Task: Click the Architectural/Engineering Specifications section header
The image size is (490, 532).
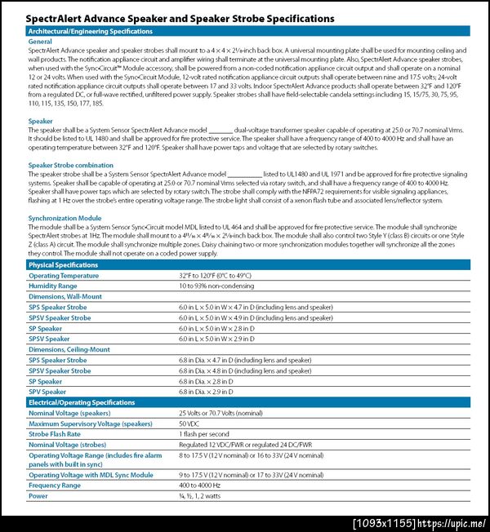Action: coord(90,31)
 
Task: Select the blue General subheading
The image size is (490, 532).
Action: coord(40,41)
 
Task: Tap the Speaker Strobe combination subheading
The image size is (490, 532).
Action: coord(71,165)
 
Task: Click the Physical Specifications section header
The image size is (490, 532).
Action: coord(64,265)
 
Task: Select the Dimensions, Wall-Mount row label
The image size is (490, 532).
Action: coord(65,297)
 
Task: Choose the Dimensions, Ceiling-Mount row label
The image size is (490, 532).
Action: coord(69,349)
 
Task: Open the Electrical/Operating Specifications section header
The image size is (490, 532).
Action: coord(82,402)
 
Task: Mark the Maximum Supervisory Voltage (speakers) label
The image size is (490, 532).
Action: coord(90,423)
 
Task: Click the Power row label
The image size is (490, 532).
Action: coord(38,496)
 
